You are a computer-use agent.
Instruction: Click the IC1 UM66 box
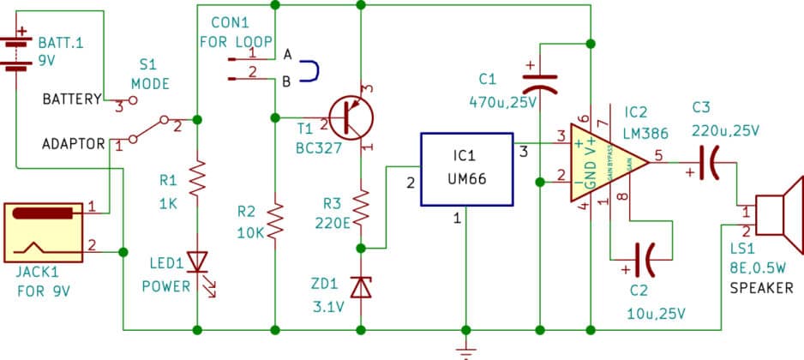[465, 170]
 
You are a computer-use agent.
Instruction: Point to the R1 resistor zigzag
[198, 178]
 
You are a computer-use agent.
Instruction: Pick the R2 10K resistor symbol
[275, 221]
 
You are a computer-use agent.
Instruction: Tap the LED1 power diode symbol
[198, 261]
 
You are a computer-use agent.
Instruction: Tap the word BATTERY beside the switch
[72, 100]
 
